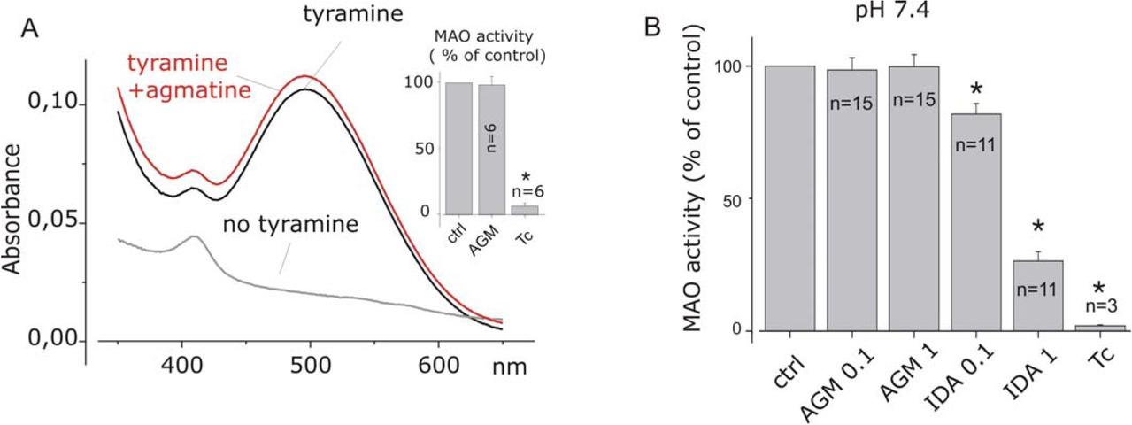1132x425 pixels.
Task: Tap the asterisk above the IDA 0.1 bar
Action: pos(976,90)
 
